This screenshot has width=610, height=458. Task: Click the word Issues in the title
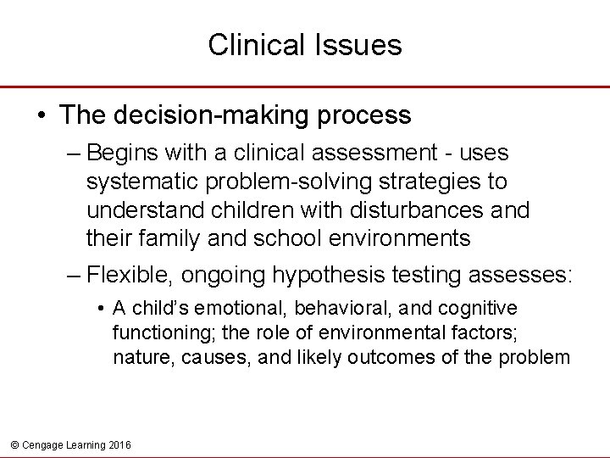pos(362,45)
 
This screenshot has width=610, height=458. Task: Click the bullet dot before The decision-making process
pos(42,114)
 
